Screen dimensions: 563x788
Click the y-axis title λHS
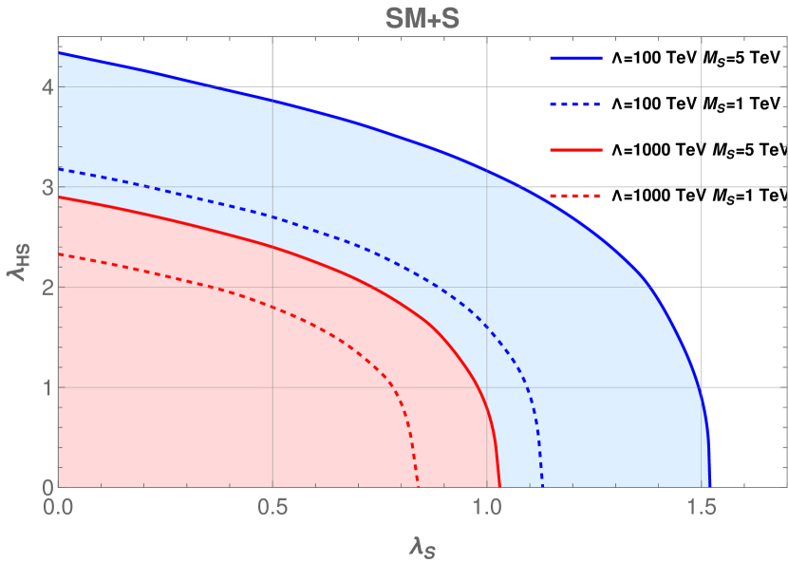click(16, 259)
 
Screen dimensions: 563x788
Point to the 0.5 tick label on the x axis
click(272, 508)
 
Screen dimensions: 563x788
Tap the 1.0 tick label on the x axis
click(486, 508)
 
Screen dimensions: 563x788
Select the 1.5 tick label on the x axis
click(701, 508)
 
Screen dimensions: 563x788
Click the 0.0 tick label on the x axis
click(59, 508)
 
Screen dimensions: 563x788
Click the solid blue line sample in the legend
click(576, 58)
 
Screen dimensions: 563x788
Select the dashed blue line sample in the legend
click(576, 103)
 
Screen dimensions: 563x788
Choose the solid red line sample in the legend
click(576, 150)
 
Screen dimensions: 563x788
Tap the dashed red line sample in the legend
click(576, 196)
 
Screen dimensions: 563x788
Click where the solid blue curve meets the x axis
click(709, 486)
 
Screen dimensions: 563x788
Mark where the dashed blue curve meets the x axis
click(542, 486)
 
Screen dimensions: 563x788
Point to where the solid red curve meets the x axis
click(500, 486)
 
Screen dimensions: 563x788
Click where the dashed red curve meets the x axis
click(418, 486)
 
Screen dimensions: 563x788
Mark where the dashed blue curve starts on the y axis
click(60, 169)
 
